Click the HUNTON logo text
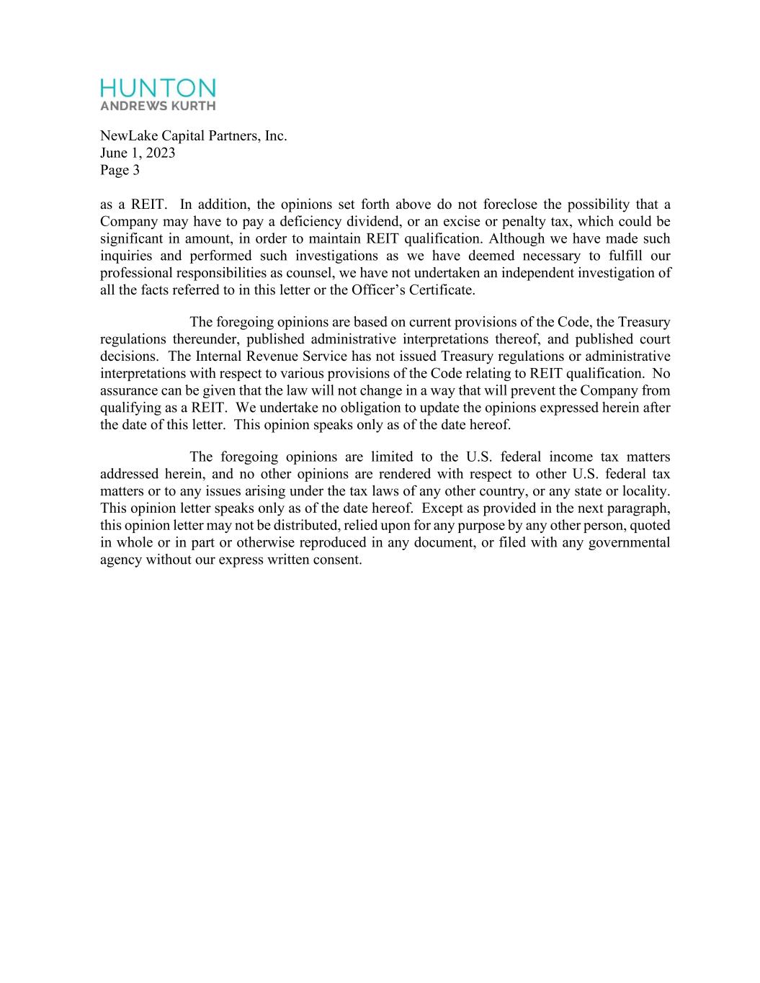pyautogui.click(x=158, y=88)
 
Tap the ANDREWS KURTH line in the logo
pyautogui.click(x=158, y=106)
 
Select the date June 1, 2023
pyautogui.click(x=138, y=153)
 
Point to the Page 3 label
pyautogui.click(x=120, y=170)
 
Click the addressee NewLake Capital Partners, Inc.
pyautogui.click(x=193, y=135)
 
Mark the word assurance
pyautogui.click(x=128, y=391)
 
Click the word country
pyautogui.click(x=519, y=491)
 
